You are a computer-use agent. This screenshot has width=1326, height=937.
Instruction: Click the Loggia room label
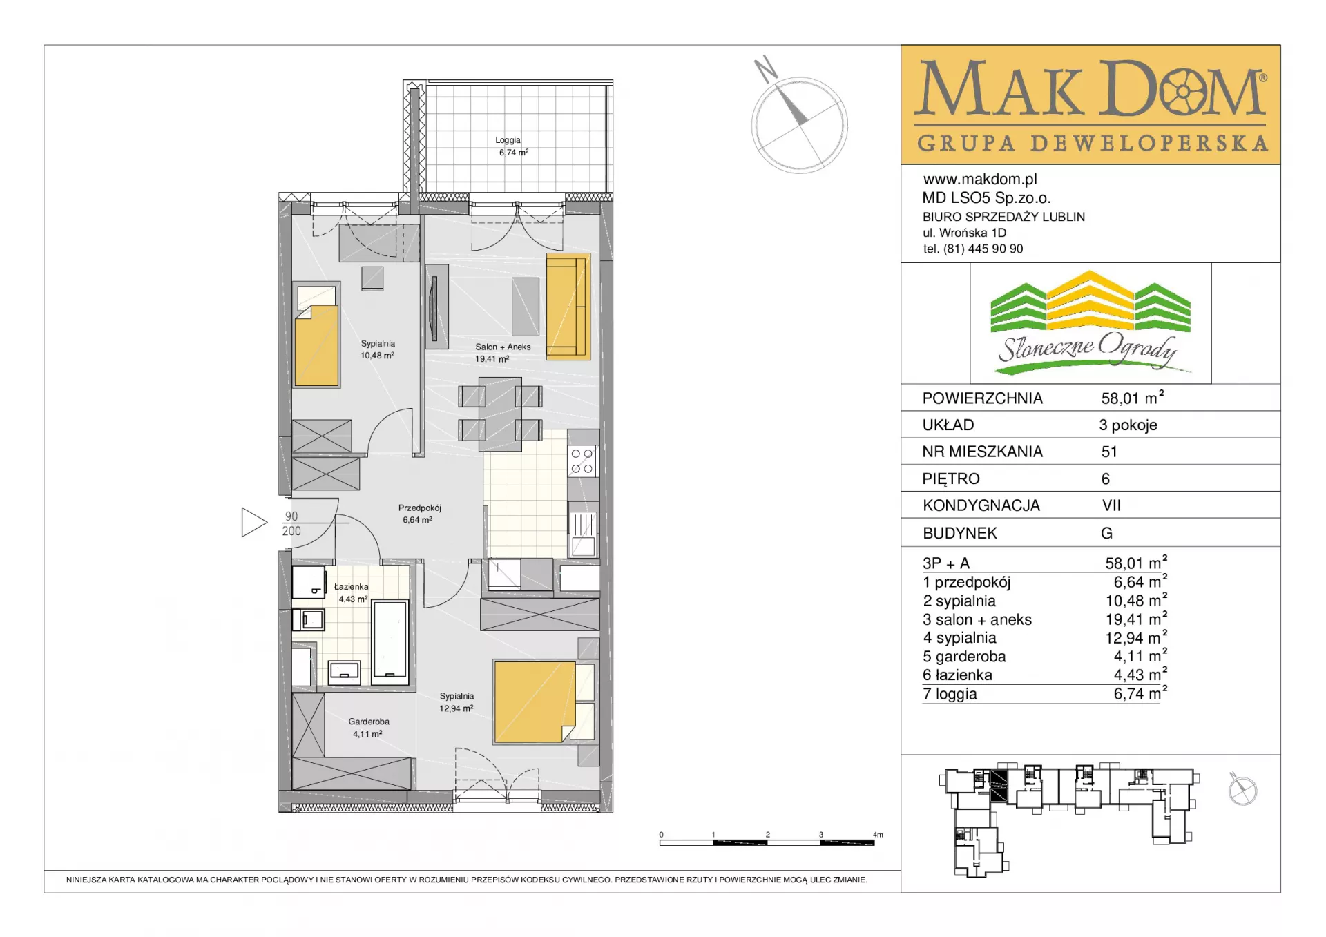[508, 140]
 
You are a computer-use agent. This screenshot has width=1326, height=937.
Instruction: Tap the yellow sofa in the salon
[568, 307]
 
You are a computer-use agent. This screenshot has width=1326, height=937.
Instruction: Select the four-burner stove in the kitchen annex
[582, 461]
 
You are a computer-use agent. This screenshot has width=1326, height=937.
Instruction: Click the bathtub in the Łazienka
[390, 642]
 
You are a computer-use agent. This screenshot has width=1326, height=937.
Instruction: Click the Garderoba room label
[369, 722]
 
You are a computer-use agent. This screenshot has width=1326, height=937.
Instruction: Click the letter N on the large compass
[765, 68]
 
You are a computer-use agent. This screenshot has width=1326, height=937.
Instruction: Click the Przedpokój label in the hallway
[419, 508]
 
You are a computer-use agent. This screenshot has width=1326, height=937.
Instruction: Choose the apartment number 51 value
[1109, 452]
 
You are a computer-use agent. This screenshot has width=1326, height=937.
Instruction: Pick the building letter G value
[1106, 533]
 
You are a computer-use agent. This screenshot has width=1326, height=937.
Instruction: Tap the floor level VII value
[1111, 505]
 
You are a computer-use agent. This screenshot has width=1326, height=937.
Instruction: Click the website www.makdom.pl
[980, 180]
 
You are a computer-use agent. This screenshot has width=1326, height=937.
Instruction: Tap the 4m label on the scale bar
[878, 835]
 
